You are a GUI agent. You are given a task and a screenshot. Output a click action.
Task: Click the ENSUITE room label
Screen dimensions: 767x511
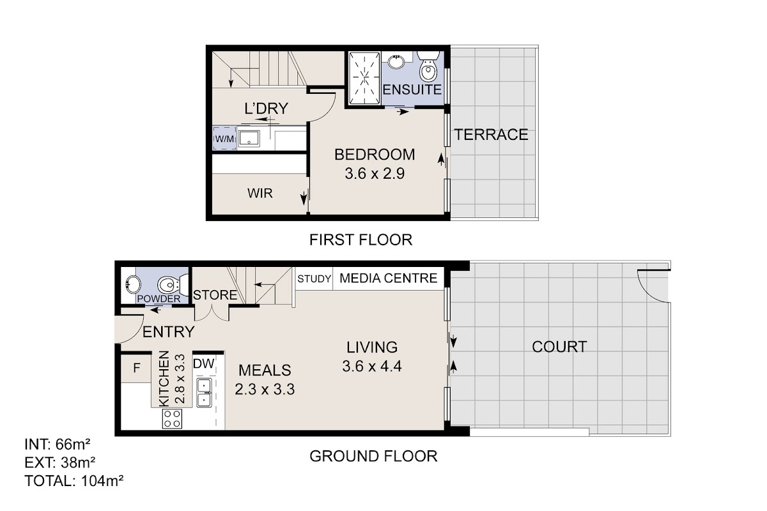(412, 89)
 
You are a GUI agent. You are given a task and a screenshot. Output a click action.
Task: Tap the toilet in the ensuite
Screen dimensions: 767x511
(428, 66)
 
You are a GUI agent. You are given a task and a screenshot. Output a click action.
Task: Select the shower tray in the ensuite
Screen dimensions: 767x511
(364, 78)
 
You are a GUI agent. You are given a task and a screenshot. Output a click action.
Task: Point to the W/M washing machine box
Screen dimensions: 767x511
(224, 138)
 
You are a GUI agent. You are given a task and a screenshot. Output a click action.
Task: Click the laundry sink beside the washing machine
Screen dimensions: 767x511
(249, 138)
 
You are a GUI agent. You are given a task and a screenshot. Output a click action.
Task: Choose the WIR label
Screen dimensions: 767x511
(260, 194)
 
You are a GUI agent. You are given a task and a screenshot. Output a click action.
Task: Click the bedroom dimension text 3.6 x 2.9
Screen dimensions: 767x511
(375, 174)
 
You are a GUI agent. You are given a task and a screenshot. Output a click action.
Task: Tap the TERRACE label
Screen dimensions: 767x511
(491, 135)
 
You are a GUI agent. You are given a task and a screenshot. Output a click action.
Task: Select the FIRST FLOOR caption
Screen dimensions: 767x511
(361, 240)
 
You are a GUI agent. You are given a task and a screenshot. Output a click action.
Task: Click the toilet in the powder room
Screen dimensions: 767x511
(173, 284)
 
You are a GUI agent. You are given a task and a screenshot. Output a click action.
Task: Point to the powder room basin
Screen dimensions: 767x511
(133, 284)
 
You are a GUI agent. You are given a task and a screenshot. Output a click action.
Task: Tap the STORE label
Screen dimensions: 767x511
(215, 295)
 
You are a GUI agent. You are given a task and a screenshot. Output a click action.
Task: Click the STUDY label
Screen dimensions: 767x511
(314, 279)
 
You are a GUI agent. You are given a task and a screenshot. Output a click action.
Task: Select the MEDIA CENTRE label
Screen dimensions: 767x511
(389, 278)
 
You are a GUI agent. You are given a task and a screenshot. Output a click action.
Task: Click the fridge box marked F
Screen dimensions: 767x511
(136, 369)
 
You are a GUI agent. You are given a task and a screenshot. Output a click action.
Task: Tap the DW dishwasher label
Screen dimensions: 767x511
(204, 363)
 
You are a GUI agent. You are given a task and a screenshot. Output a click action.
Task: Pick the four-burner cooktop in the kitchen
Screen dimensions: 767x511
(172, 418)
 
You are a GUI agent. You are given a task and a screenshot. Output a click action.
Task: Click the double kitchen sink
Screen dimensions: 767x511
(204, 392)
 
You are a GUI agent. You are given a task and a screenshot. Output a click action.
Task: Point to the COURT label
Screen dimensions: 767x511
(559, 347)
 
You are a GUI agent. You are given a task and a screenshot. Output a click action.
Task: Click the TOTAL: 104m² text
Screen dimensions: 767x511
(74, 481)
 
